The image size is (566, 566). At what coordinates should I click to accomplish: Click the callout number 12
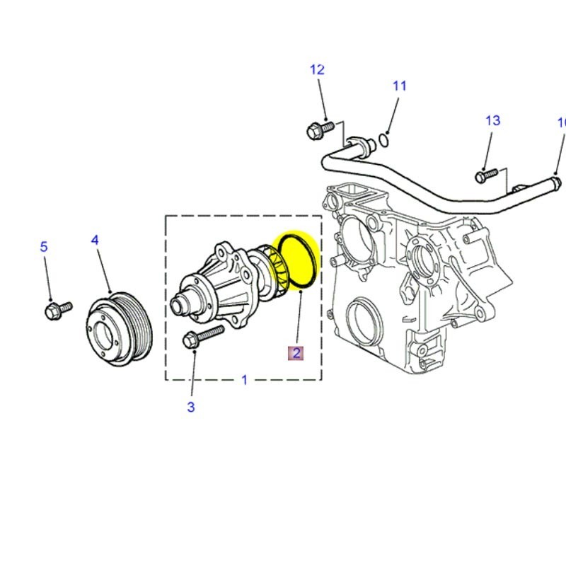tap(317, 69)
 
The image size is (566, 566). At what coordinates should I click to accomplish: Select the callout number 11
tap(400, 86)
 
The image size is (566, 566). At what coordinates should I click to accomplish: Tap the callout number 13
tap(492, 120)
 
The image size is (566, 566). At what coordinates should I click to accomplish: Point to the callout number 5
tap(44, 247)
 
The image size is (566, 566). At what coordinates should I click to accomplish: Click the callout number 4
tap(95, 241)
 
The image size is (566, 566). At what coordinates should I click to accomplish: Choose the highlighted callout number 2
tap(295, 352)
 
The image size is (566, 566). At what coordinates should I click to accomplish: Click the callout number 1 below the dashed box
tap(244, 380)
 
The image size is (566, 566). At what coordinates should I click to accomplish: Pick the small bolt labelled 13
tap(487, 173)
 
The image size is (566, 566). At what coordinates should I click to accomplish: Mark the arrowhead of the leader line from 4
tap(110, 291)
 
